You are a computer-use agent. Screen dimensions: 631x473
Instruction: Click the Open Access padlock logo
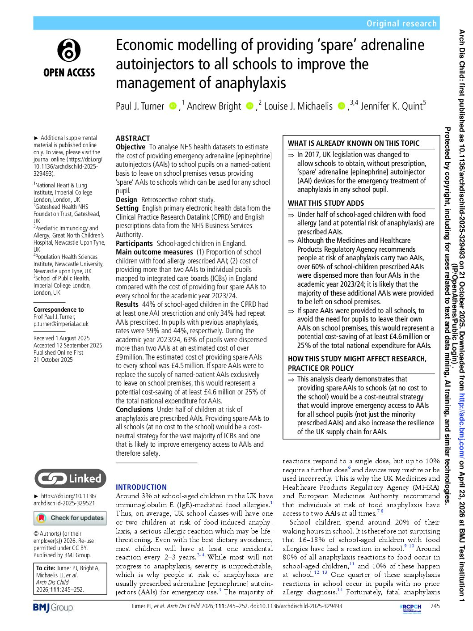click(x=69, y=50)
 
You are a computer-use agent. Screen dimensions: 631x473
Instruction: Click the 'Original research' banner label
click(x=401, y=23)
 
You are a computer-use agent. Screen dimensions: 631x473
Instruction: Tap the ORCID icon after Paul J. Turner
click(x=173, y=106)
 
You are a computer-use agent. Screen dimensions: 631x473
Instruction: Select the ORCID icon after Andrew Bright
click(x=249, y=106)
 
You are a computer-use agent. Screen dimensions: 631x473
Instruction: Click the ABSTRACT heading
click(x=133, y=138)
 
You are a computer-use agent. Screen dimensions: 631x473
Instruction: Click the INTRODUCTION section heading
click(x=141, y=487)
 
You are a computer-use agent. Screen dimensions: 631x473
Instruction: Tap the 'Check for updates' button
click(x=70, y=518)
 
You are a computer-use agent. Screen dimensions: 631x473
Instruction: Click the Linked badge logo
click(x=70, y=479)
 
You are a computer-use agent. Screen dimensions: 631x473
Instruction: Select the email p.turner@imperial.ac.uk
click(x=61, y=324)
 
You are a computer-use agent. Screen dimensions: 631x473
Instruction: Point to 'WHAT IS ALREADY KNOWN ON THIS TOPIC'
click(x=354, y=143)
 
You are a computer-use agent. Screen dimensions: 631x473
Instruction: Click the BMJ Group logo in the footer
click(x=53, y=607)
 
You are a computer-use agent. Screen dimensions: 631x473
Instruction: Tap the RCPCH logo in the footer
click(x=410, y=607)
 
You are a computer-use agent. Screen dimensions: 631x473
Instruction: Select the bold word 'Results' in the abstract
click(x=127, y=305)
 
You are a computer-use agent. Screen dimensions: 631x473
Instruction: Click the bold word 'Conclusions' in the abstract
click(x=135, y=409)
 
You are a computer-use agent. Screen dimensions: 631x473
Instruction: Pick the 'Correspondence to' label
click(x=59, y=309)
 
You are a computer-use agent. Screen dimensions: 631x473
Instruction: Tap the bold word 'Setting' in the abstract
click(x=127, y=208)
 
